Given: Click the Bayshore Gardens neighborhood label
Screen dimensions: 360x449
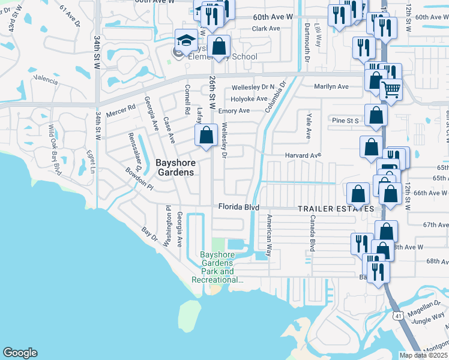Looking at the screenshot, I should point(175,167).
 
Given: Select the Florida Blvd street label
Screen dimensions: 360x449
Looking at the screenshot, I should point(238,207).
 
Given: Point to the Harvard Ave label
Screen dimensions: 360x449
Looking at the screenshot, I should point(303,155).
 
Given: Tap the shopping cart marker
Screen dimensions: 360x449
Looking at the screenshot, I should point(391,90).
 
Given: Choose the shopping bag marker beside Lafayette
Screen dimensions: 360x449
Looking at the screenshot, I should point(206,135).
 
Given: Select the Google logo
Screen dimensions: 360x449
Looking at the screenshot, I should point(20,353).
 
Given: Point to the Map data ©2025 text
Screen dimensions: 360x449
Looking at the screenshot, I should point(423,355).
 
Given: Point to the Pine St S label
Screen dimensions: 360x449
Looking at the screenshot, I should point(345,121).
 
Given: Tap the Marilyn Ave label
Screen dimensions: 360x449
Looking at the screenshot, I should point(331,86).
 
